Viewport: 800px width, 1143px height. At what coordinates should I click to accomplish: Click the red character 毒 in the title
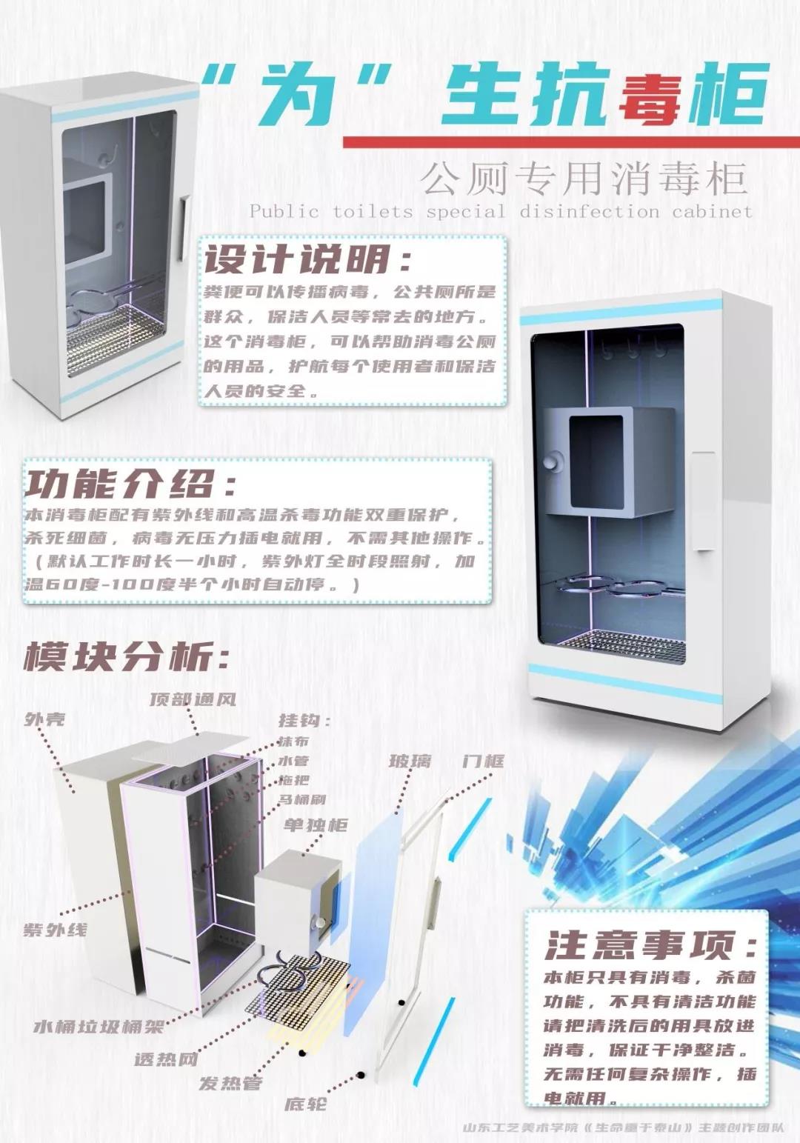pos(649,94)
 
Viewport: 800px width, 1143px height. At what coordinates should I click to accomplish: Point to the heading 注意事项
pos(650,946)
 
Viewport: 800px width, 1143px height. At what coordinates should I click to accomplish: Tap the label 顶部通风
pos(193,699)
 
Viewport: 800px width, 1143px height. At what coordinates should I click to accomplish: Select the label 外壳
pos(45,719)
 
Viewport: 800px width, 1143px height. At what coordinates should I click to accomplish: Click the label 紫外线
pos(55,930)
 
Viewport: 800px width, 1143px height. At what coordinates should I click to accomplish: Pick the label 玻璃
pos(410,762)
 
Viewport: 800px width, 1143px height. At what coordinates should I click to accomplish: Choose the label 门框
pos(483,762)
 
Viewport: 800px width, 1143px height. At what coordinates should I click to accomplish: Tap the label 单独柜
pos(316,825)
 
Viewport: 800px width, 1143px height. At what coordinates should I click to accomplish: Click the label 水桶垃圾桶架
pos(99,1027)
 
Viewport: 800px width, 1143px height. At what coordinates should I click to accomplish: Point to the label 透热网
pos(165,1059)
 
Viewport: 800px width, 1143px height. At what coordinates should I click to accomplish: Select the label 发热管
pos(230,1083)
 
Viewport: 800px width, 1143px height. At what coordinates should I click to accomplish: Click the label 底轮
pos(305,1104)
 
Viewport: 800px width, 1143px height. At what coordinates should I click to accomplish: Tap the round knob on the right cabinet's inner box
pos(551,461)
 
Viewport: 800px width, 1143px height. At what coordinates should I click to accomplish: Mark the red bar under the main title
pos(570,141)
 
